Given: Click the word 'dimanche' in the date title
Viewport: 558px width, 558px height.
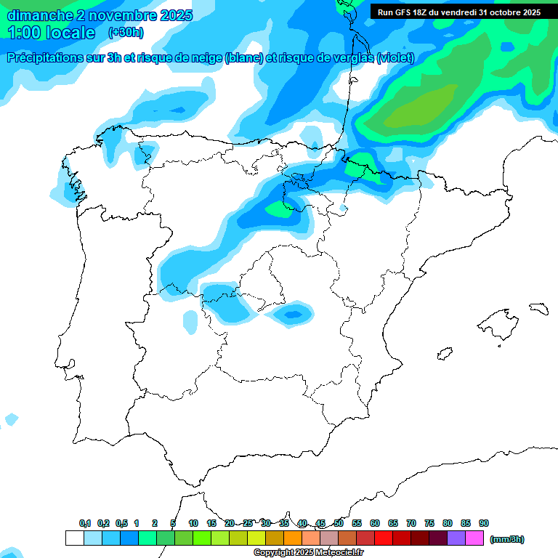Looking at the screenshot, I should click(x=40, y=15).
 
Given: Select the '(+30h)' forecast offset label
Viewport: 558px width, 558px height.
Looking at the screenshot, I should click(x=126, y=33).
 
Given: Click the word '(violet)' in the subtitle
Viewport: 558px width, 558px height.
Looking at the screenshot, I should click(x=395, y=58).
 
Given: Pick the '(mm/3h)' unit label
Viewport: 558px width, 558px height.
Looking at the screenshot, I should click(x=507, y=539).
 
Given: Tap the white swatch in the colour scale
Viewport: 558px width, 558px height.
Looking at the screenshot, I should click(x=74, y=538).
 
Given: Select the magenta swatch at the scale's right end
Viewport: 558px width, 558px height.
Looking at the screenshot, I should click(x=474, y=538).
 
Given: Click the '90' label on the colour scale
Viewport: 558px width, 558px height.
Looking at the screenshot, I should click(x=484, y=524).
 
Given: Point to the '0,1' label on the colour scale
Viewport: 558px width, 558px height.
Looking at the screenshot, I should click(x=85, y=524).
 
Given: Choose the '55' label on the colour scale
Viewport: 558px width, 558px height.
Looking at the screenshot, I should click(x=357, y=524).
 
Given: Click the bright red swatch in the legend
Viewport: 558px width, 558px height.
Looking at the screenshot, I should click(x=384, y=538).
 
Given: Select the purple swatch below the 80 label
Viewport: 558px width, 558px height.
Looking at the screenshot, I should click(x=456, y=538).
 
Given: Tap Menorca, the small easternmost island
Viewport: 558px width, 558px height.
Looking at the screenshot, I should click(x=538, y=308).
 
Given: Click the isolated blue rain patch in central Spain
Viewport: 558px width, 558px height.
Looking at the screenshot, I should click(x=292, y=314).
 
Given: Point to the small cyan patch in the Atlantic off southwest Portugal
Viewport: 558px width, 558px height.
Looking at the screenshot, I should click(x=11, y=419).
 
